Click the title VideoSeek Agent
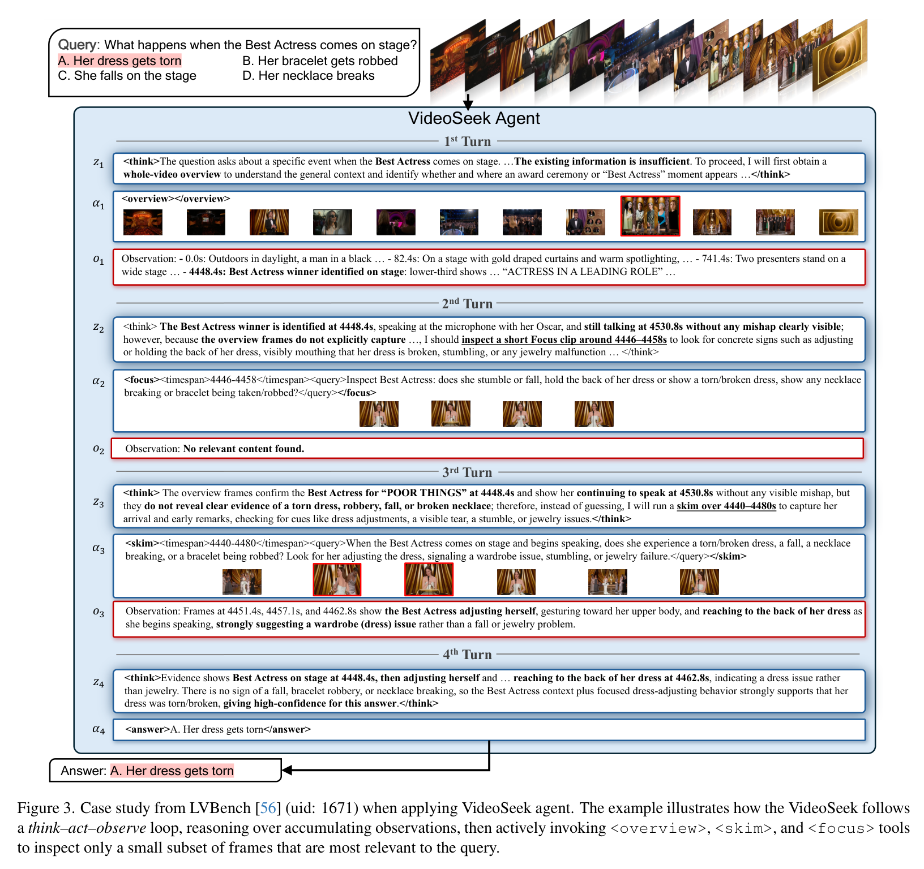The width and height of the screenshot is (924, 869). tap(474, 118)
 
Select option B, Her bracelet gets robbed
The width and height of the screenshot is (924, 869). tap(320, 61)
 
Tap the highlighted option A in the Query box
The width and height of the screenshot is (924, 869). tap(119, 61)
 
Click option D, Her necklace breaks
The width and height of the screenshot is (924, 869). tap(309, 76)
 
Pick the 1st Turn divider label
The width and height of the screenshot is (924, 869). tap(467, 141)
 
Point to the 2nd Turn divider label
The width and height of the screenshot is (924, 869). tap(467, 304)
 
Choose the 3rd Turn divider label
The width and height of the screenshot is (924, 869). tap(467, 472)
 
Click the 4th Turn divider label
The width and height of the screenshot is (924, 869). tap(467, 655)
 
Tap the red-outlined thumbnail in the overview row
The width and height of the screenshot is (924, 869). tap(650, 216)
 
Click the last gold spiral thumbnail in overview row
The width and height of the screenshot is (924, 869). tap(839, 222)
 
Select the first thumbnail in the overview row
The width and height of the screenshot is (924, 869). tap(143, 222)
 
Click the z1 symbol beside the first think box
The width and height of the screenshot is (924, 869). tap(99, 164)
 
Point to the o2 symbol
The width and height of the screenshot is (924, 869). tap(99, 449)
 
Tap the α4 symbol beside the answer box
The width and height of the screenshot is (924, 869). tap(99, 730)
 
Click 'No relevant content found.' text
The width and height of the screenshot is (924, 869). tap(243, 449)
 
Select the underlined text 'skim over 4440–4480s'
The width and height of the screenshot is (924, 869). tap(726, 506)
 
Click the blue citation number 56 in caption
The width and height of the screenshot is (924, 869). tap(268, 808)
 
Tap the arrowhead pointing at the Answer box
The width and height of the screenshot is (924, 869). tap(286, 770)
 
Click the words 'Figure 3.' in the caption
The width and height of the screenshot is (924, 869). tap(46, 808)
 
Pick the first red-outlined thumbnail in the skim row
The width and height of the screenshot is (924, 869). tap(337, 580)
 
